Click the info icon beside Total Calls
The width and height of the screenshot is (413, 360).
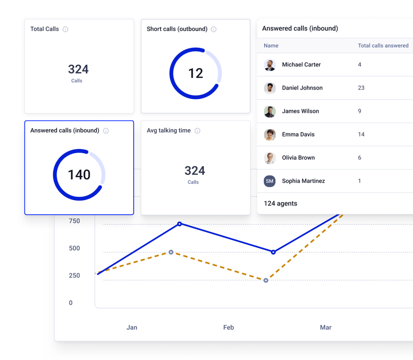click(65, 29)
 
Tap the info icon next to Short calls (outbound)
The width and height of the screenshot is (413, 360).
click(213, 29)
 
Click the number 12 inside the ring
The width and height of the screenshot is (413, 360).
click(196, 73)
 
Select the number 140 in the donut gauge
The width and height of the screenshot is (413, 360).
click(79, 175)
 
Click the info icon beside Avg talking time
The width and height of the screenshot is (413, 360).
click(197, 131)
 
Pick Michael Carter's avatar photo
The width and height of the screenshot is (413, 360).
click(270, 65)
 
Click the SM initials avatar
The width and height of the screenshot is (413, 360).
click(270, 181)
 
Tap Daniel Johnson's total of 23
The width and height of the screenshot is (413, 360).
click(361, 88)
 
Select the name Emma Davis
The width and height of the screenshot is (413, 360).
click(298, 134)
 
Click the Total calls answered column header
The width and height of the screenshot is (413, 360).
click(383, 46)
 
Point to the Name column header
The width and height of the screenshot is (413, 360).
click(271, 46)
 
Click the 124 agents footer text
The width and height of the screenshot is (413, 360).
click(280, 204)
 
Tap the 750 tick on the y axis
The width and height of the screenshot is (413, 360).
click(74, 221)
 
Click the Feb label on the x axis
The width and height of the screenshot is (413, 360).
click(229, 327)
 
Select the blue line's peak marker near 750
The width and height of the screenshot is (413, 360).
click(179, 224)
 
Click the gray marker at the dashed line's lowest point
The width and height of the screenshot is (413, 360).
click(266, 281)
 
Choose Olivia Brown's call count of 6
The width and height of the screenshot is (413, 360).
click(359, 158)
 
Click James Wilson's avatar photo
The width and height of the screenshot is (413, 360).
click(270, 111)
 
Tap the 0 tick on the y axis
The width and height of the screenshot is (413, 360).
click(71, 303)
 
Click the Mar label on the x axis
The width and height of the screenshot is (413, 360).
click(326, 327)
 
